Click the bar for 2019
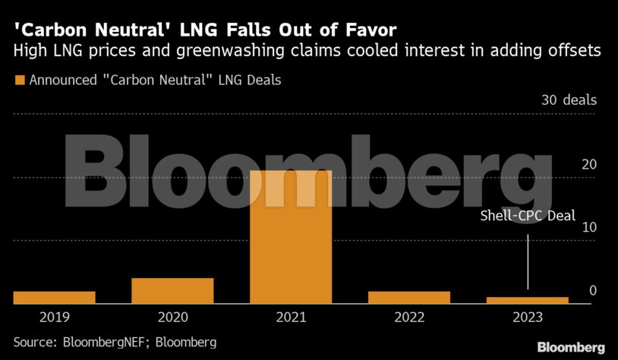54,297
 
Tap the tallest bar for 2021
291,237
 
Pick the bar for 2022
408,297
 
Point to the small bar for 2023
527,300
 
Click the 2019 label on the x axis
54,317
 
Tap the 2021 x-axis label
291,317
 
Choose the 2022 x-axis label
408,317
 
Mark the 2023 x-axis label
527,317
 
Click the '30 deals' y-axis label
568,100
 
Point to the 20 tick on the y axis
588,164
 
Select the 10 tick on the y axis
588,228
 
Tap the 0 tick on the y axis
593,291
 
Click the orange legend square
19,80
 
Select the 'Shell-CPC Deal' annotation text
528,216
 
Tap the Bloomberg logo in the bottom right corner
571,347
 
